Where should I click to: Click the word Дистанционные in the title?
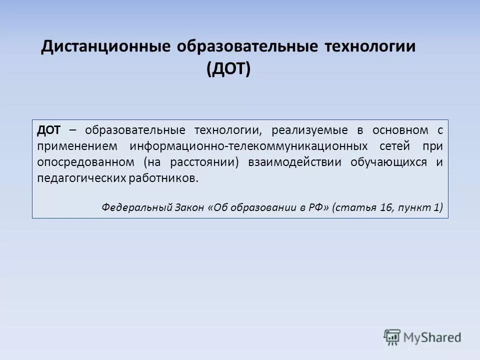[105, 47]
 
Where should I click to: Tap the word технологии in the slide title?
[370, 47]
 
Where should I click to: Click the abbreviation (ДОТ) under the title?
[228, 69]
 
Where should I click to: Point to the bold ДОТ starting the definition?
[48, 130]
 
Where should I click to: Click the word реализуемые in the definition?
[310, 130]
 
